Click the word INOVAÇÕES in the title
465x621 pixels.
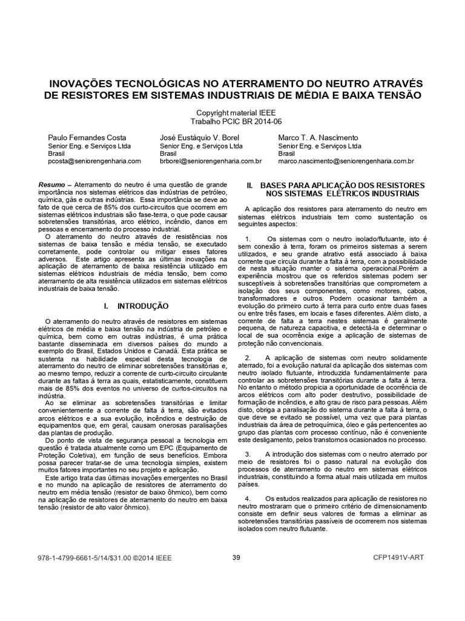coord(84,82)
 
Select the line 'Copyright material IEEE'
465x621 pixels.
coord(232,113)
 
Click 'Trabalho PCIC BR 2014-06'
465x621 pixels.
coord(232,121)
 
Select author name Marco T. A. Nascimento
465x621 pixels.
coord(318,138)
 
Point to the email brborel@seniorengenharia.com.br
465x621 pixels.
coord(211,162)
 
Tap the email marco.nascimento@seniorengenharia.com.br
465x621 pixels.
coord(346,162)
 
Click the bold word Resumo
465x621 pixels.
coord(50,183)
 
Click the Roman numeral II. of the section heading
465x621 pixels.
coord(249,184)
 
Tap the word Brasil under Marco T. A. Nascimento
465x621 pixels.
coord(287,154)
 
